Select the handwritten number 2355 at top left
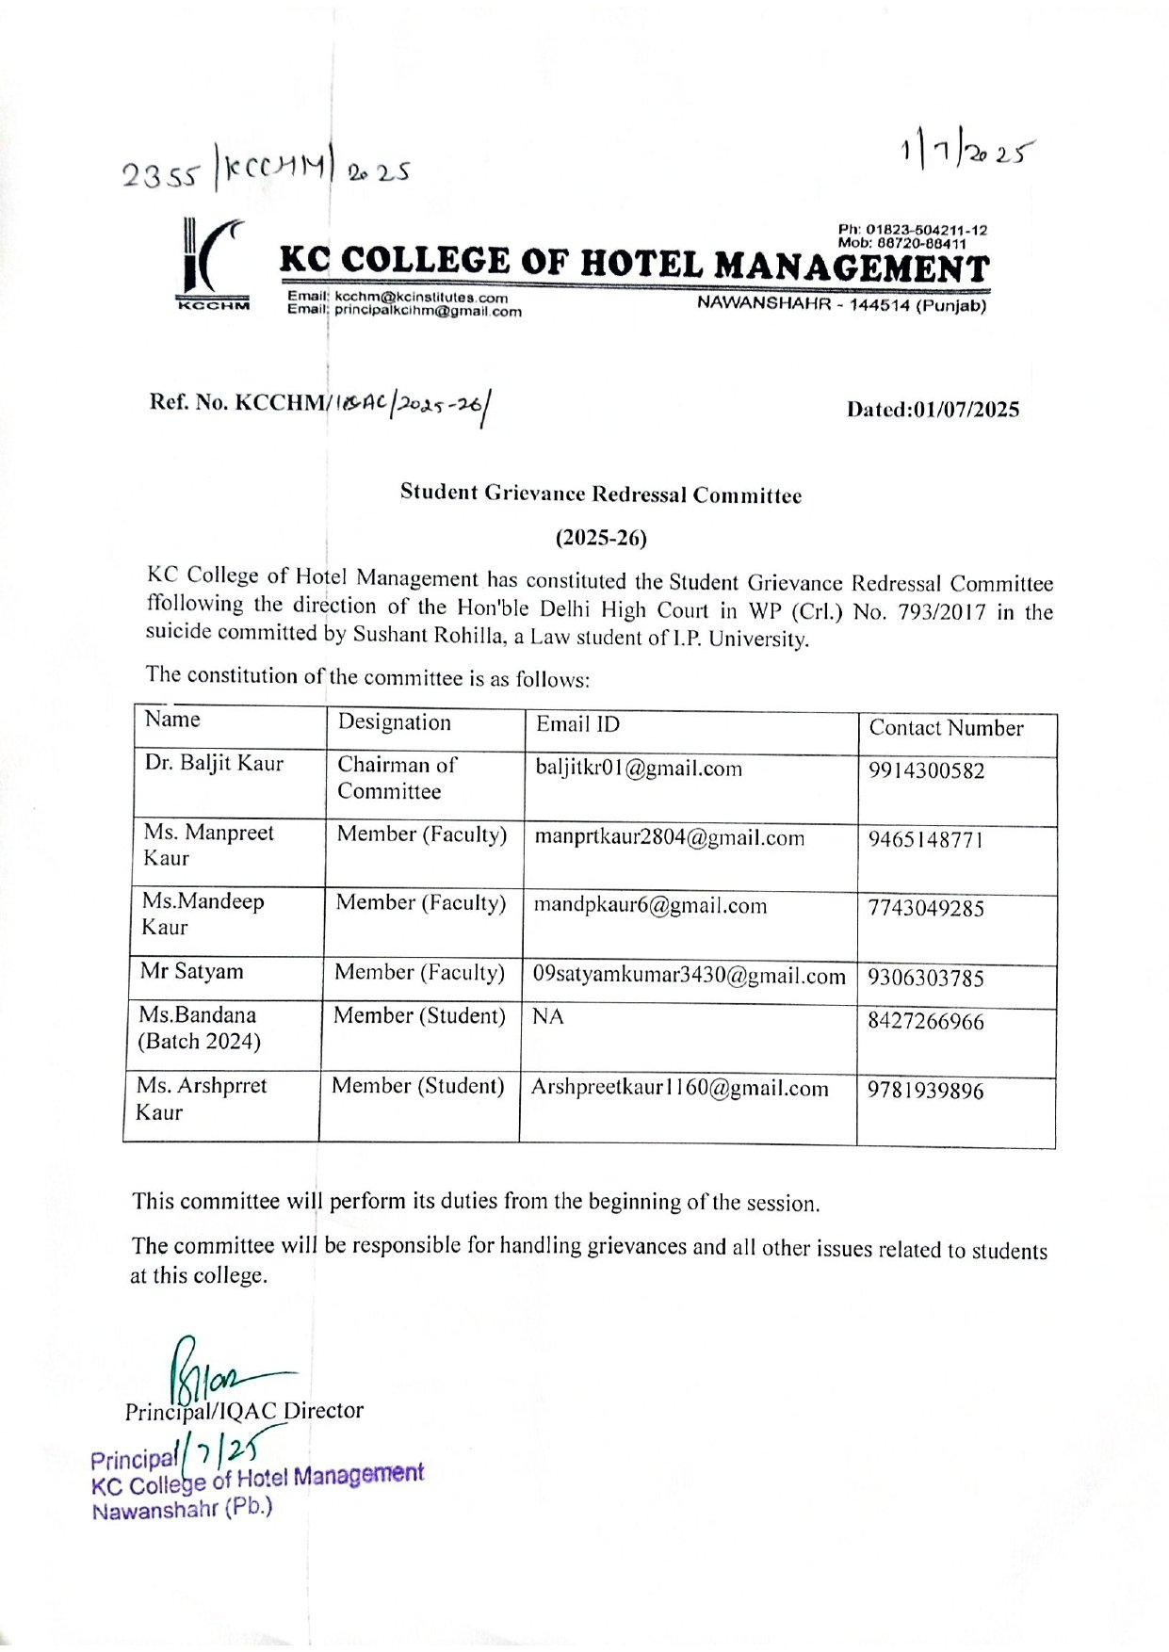coord(160,174)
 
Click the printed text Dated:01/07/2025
coord(933,410)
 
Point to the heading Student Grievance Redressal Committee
coord(600,494)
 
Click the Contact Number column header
coord(946,728)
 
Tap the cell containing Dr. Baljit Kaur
coord(214,763)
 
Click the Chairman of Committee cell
coord(397,778)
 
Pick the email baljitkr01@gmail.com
coord(639,769)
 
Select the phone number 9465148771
coord(926,839)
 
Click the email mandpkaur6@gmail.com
coord(650,906)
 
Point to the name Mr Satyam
coord(191,971)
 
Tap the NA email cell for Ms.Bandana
coord(548,1016)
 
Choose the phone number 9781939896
coord(925,1091)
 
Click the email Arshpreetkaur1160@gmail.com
coord(679,1088)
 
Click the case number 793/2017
coord(942,612)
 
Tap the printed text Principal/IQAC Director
coord(244,1411)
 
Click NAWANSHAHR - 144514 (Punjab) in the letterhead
coord(841,304)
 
